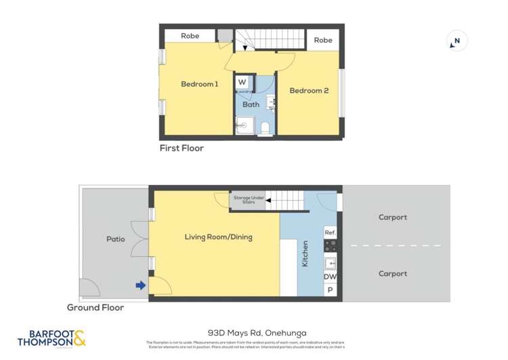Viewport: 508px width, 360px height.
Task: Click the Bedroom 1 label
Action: point(199,84)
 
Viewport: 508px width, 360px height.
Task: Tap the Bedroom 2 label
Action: point(309,90)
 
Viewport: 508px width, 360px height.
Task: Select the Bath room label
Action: point(251,104)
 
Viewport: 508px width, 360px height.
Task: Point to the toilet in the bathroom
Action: point(265,127)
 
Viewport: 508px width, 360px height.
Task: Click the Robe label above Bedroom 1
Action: point(190,35)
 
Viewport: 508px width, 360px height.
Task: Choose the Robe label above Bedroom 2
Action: point(323,40)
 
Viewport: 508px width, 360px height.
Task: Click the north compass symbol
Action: point(457,42)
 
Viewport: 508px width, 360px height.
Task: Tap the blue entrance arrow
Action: point(140,285)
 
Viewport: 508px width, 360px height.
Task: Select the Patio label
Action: point(116,239)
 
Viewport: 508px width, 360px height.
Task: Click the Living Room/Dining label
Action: point(213,237)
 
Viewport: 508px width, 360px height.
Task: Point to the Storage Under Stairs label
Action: point(246,200)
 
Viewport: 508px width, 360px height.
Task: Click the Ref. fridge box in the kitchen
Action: point(330,233)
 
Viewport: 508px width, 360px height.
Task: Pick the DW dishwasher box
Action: point(330,277)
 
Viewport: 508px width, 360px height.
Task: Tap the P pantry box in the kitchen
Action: point(330,290)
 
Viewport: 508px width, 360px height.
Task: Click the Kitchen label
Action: point(305,253)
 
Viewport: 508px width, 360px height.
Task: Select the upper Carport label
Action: point(393,218)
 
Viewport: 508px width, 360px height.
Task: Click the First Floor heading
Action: point(182,148)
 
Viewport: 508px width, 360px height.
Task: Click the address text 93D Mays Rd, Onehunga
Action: point(257,333)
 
